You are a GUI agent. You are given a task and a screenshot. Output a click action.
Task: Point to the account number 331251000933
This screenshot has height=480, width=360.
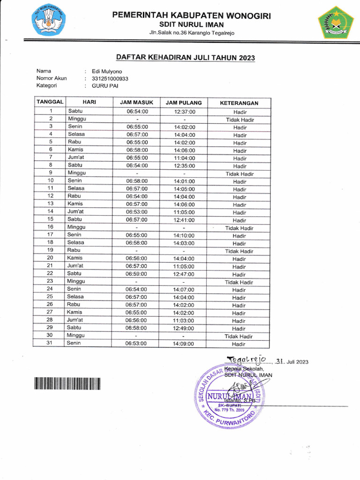110,78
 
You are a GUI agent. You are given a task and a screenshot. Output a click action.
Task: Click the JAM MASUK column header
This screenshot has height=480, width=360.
136,102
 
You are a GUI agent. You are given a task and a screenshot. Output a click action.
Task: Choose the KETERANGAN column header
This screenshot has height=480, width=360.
239,103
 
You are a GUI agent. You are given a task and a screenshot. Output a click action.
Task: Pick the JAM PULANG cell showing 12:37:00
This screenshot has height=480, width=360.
184,112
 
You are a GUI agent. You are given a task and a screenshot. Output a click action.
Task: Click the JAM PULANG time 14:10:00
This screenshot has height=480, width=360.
184,235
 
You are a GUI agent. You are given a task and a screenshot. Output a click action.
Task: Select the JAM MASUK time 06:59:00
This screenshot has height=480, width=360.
136,274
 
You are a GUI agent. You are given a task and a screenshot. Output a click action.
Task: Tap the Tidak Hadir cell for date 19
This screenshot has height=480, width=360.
239,251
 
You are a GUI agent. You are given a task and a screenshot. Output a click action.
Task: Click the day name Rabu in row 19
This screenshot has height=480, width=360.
74,250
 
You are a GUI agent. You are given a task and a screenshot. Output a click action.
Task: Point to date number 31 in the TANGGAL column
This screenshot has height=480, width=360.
50,343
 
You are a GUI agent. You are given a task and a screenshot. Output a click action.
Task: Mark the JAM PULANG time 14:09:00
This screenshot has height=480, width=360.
184,344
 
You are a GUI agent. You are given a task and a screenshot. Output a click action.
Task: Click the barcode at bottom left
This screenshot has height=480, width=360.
67,384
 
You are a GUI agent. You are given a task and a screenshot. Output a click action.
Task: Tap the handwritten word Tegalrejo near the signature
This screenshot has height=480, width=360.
246,360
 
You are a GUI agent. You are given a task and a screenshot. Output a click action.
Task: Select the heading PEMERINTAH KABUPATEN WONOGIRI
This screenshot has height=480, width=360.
191,16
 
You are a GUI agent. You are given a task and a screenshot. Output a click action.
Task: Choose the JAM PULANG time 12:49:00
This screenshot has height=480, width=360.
184,328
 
